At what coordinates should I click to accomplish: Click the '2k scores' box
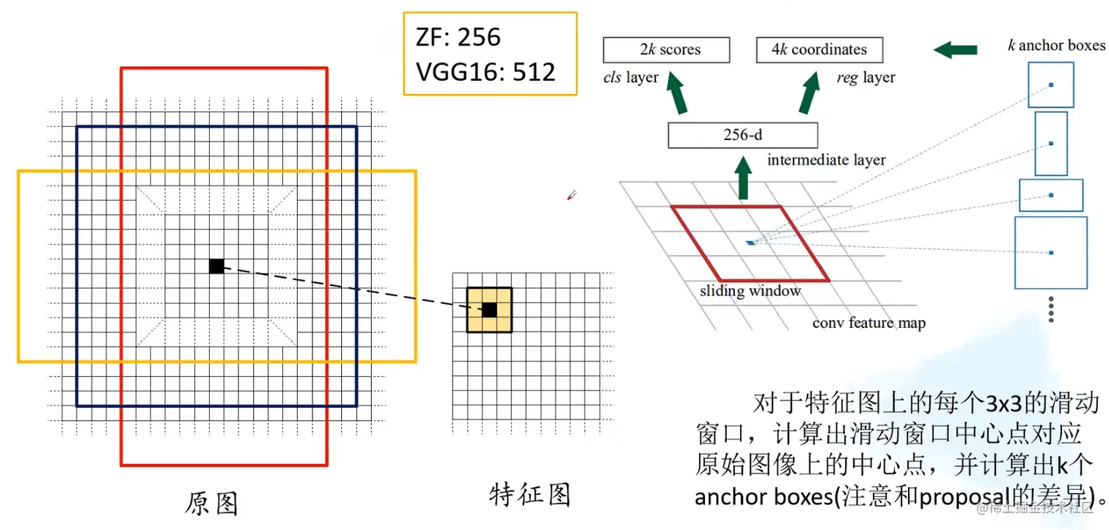(666, 50)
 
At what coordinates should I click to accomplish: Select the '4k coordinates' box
(819, 50)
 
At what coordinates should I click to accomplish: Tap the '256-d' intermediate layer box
(742, 136)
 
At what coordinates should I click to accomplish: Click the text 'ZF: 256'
(458, 37)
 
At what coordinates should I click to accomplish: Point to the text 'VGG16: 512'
(486, 71)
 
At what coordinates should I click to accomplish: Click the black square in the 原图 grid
(216, 266)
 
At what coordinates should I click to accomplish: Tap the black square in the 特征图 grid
(489, 310)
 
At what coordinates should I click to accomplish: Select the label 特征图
(530, 495)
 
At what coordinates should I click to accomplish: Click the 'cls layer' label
(631, 77)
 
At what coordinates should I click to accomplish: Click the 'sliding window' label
(750, 291)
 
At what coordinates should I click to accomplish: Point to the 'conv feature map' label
(868, 323)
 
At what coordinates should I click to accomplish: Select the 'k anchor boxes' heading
(1056, 46)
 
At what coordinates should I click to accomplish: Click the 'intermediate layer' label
(826, 160)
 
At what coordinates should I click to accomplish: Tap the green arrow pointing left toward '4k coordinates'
(955, 50)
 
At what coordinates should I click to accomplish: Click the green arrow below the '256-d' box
(743, 181)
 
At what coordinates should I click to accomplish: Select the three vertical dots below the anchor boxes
(1051, 309)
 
